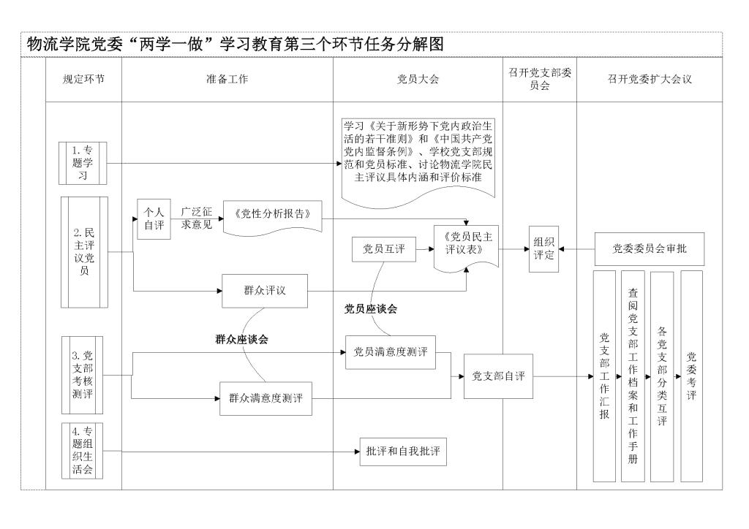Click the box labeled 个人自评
(x=154, y=218)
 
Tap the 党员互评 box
(x=384, y=250)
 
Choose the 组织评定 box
(x=543, y=249)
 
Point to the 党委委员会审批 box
(x=649, y=250)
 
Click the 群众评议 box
(x=265, y=290)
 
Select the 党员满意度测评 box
(x=391, y=352)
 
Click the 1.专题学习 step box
(x=83, y=162)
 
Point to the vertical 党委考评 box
(x=691, y=376)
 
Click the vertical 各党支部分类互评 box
(x=661, y=376)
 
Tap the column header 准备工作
(x=227, y=80)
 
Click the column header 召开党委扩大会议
(x=649, y=80)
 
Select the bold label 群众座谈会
(x=241, y=339)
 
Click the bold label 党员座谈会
(x=371, y=309)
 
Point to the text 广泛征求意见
(x=197, y=218)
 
